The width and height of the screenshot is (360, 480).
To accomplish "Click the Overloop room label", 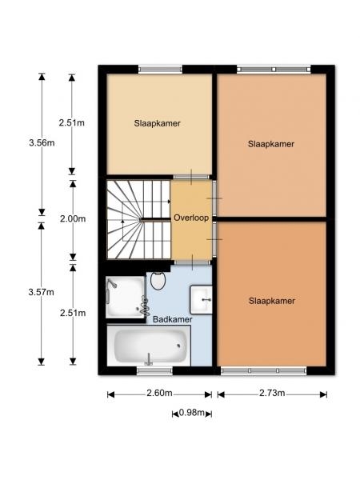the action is click(x=191, y=218).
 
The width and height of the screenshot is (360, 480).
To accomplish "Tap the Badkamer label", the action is click(x=172, y=319).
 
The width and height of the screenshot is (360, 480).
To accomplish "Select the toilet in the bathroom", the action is click(x=158, y=281).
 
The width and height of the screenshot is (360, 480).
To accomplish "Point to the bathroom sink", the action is click(x=201, y=300).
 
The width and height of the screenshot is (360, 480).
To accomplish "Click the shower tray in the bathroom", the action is click(x=126, y=297).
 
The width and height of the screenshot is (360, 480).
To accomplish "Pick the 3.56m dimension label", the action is click(x=42, y=142).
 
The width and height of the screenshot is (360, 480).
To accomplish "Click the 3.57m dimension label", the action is click(x=42, y=292).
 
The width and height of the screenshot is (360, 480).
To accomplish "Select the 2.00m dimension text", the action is click(x=73, y=219).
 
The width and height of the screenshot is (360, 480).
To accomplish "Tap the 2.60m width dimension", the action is click(x=159, y=393).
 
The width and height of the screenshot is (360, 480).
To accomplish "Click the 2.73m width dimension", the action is click(x=272, y=393).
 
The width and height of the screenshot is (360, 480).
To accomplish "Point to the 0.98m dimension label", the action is click(x=192, y=413).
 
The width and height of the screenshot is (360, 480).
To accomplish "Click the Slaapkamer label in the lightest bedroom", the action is click(x=157, y=123).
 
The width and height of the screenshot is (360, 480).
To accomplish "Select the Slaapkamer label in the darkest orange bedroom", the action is click(x=272, y=301).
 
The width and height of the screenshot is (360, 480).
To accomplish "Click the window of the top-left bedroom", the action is click(x=160, y=69).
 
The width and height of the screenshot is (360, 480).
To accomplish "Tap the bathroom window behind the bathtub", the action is click(x=154, y=371).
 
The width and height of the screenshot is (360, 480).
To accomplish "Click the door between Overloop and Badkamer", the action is click(x=192, y=262).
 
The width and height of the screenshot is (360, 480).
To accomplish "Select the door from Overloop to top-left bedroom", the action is click(x=192, y=177).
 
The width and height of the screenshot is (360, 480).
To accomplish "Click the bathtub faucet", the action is click(x=149, y=359).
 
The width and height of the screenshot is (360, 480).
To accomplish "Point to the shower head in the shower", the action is click(x=111, y=284).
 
